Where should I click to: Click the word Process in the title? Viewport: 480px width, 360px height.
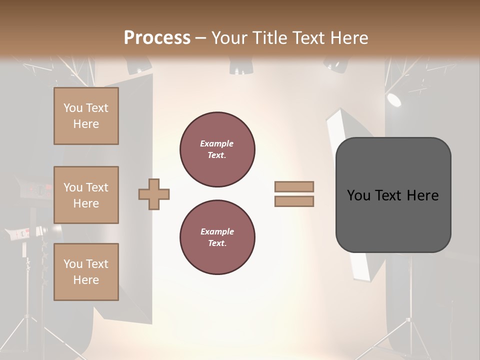[157, 37]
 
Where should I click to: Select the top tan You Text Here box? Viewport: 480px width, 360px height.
[86, 116]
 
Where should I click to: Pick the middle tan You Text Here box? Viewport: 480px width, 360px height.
[86, 195]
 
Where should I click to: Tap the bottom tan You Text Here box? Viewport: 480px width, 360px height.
[86, 271]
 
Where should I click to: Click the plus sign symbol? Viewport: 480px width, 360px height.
[154, 193]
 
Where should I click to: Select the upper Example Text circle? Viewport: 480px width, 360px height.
[217, 149]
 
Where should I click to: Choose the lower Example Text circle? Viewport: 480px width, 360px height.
[217, 237]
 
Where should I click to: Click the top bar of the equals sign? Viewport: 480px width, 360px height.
[294, 186]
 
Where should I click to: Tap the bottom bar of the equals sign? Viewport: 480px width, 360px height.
[294, 201]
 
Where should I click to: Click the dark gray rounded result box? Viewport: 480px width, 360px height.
[393, 194]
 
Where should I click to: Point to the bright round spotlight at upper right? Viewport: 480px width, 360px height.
[394, 99]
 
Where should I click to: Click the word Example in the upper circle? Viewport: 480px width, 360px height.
[216, 143]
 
